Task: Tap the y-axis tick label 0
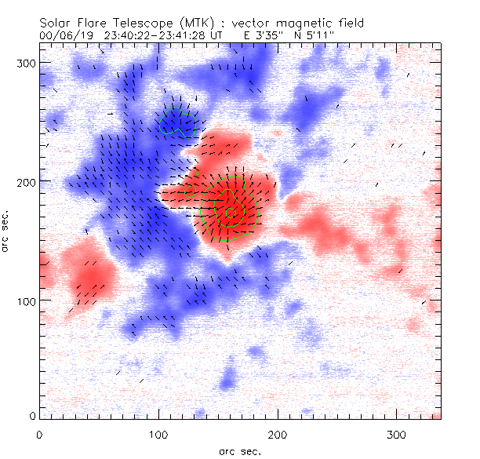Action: pos(33,415)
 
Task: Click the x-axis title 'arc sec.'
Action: pos(238,450)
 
